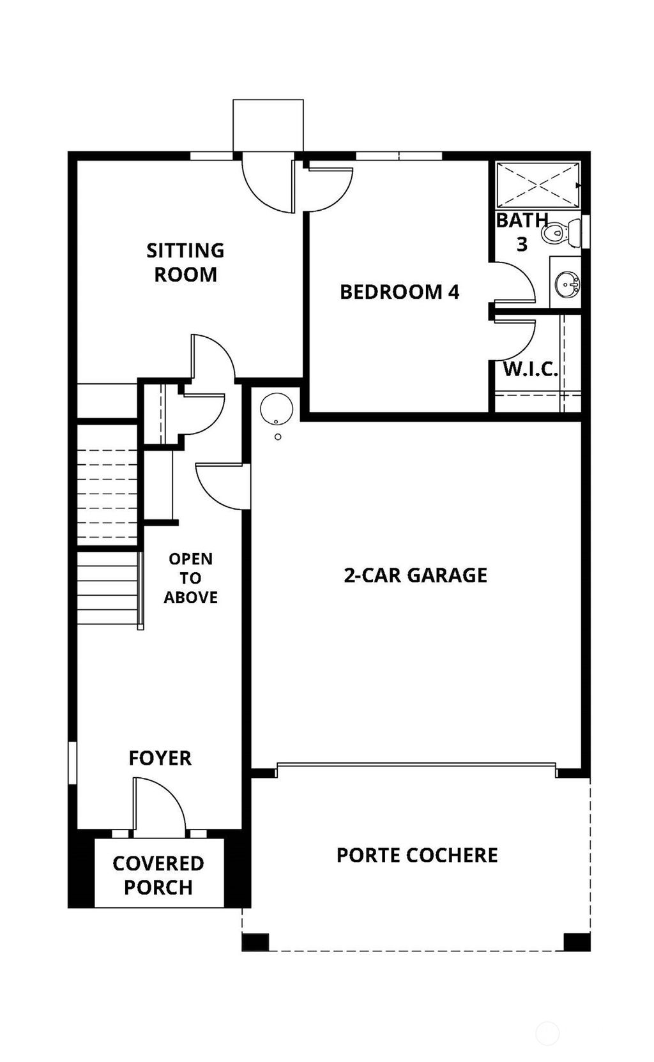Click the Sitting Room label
coord(185,262)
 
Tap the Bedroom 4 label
coord(399,292)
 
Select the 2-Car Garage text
coord(415,575)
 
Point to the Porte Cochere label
coord(416,854)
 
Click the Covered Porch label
coord(158,875)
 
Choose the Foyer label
coord(160,758)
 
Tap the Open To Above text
coord(190,578)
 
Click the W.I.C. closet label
coord(530,368)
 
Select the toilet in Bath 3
coord(561,231)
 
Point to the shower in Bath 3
coord(538,185)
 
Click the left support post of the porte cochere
coord(255,942)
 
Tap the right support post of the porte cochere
coord(577,942)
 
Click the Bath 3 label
coord(522,231)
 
